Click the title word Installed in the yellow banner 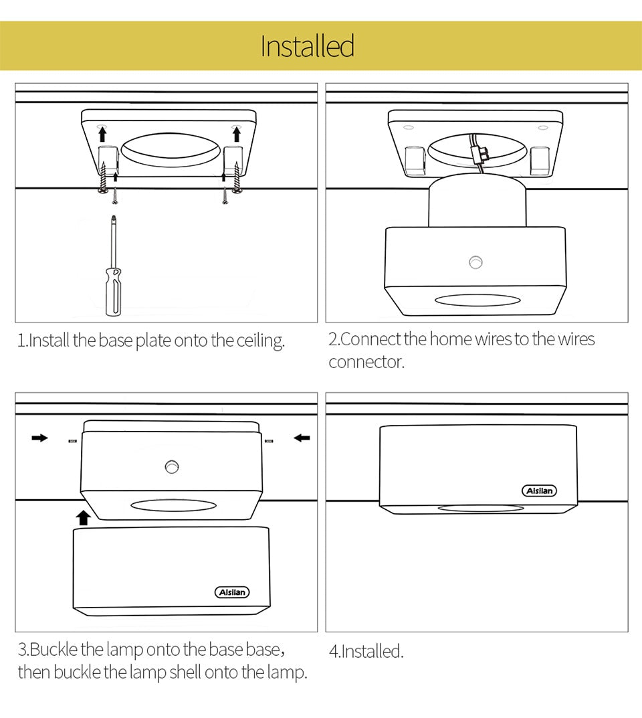[x=307, y=46]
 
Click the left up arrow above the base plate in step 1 [x=102, y=134]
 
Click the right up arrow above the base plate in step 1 [x=236, y=134]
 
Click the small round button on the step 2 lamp [x=475, y=262]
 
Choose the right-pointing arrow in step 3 [x=40, y=438]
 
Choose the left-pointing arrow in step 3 [x=302, y=438]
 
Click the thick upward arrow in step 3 [x=83, y=517]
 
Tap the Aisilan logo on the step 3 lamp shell [x=232, y=592]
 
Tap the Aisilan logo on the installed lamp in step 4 [x=539, y=491]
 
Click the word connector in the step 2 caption [x=366, y=363]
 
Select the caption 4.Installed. [x=366, y=651]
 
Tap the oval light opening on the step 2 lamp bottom [x=477, y=300]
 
